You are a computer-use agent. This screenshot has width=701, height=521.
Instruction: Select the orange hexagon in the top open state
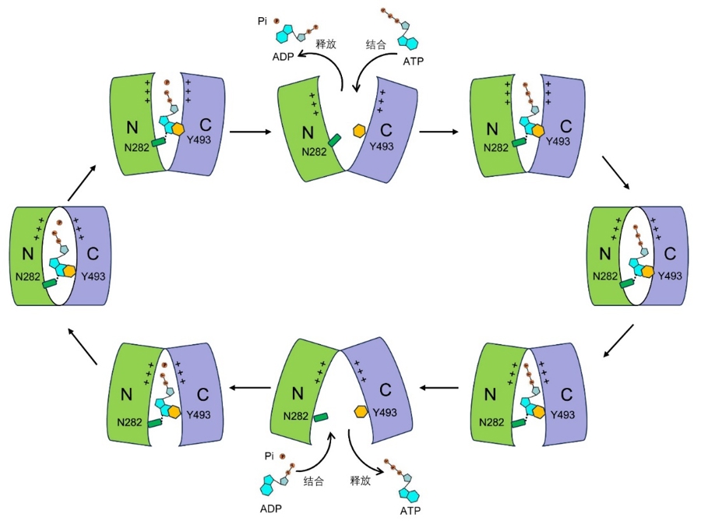[x=359, y=131]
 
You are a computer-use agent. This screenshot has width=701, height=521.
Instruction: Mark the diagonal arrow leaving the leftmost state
[x=80, y=181]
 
